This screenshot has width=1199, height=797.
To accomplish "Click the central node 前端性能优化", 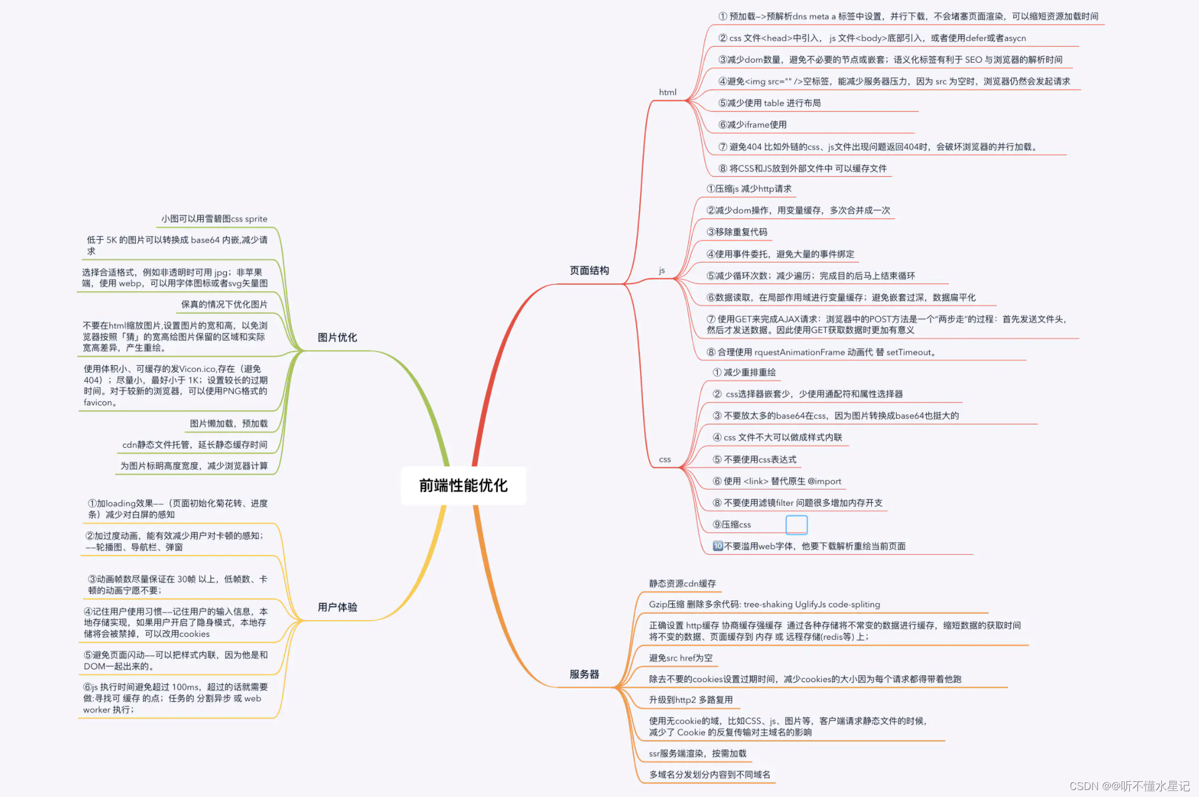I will coord(463,486).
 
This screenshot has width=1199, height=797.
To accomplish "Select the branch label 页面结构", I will coord(589,270).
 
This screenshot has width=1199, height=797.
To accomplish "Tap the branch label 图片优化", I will coord(337,338).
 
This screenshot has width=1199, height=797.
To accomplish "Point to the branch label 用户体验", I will coord(337,607).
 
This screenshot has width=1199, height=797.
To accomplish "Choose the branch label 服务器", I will coord(584,674).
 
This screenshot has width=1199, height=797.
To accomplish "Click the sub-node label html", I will coord(667,92).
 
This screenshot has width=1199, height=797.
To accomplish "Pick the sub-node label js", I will coord(662,270).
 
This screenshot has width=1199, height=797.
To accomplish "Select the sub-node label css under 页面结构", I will coord(664,459).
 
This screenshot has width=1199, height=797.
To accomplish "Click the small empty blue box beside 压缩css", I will coord(796,524).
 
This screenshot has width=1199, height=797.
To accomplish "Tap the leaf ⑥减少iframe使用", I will coord(752,125).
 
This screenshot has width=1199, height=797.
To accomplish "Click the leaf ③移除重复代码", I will coord(736,232).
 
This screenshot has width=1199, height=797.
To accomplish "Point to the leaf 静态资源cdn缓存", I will coord(682,584).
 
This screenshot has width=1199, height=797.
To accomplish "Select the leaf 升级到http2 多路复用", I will coord(691,700).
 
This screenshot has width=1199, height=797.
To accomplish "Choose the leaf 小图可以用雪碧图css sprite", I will coord(214,219).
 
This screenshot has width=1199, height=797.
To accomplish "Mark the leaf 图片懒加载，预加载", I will coord(229,423).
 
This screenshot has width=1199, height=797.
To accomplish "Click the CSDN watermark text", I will coord(1129,786).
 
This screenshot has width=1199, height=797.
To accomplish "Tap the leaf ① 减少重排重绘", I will coord(744,372).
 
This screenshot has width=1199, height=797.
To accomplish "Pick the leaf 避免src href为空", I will coord(680,658).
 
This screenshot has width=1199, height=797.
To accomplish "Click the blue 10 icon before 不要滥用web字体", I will coord(718,546).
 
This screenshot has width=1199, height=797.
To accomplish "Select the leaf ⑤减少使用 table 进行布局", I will coord(770,103).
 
